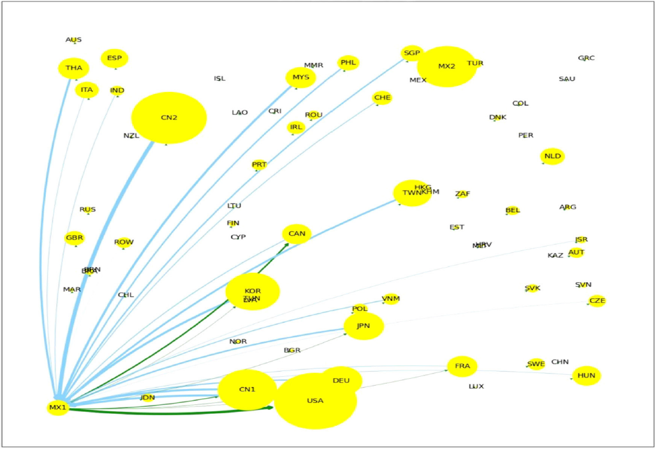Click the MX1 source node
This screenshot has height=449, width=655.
(57, 407)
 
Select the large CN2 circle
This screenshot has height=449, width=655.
(169, 118)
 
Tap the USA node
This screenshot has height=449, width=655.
(315, 401)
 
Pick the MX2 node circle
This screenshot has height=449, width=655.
(446, 66)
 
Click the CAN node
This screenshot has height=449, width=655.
(297, 234)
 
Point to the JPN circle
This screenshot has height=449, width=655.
(364, 326)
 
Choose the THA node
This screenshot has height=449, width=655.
(73, 68)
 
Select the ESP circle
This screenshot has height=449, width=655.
(114, 58)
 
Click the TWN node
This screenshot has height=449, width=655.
(412, 193)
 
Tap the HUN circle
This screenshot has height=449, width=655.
(586, 376)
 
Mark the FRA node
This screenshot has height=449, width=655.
(462, 367)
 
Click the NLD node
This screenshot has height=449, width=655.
(552, 156)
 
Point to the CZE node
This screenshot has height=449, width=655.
(597, 301)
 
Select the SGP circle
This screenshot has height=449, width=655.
(412, 53)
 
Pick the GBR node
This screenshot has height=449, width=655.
(75, 238)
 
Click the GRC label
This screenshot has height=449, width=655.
(586, 58)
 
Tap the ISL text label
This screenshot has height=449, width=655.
(219, 79)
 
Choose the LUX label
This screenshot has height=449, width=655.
(476, 386)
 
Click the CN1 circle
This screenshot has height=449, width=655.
(247, 390)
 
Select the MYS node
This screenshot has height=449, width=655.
(300, 77)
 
